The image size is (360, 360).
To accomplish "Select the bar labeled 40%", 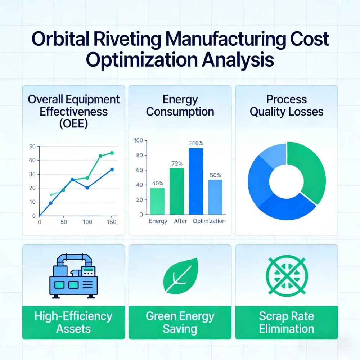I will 157,201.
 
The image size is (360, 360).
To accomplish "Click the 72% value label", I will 176,163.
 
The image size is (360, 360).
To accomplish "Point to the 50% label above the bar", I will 215,175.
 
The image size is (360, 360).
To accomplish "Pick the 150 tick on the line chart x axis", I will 112,222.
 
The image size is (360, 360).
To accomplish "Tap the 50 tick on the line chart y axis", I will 32,146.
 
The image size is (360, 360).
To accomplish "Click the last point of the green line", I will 112,153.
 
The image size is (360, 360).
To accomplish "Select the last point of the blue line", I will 112,170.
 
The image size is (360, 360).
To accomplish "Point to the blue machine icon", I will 73,276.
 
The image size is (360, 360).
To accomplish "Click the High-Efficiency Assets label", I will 73,323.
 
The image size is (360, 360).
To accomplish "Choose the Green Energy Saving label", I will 180,323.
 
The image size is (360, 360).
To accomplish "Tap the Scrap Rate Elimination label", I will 286,323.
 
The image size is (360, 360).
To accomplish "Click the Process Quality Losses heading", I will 286,105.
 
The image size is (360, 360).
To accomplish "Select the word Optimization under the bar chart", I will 209,221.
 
